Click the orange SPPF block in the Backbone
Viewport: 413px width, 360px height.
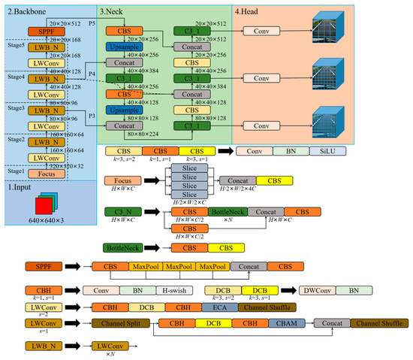click(43, 32)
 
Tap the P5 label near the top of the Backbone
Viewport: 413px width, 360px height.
click(92, 23)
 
